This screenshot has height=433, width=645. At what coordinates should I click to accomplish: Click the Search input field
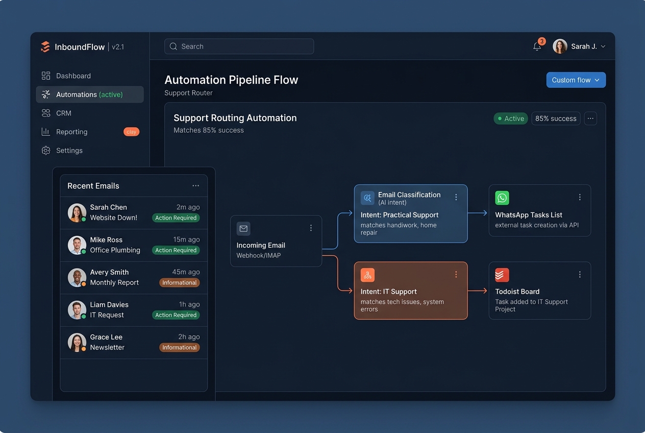[239, 46]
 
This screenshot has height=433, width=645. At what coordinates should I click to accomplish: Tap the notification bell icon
[537, 46]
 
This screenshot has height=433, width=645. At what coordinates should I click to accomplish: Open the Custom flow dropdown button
[576, 80]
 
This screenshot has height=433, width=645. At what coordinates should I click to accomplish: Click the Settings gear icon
[46, 151]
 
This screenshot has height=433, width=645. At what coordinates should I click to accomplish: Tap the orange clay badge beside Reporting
[131, 132]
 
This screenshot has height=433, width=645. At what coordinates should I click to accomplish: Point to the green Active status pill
[510, 118]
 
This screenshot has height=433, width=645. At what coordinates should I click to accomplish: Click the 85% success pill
[556, 118]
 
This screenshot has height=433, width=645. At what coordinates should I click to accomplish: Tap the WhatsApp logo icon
[502, 198]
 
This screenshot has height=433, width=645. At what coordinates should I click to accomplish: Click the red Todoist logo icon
[502, 275]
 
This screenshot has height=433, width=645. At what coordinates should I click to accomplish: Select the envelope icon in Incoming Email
[243, 229]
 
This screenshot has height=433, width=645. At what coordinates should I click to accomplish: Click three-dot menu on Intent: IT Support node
[456, 274]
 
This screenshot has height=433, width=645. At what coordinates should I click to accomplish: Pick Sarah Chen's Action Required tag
[176, 218]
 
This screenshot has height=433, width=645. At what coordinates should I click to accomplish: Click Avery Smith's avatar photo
[77, 277]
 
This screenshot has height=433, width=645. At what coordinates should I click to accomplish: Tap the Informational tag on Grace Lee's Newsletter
[180, 347]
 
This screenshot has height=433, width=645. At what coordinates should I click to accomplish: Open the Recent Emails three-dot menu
[196, 186]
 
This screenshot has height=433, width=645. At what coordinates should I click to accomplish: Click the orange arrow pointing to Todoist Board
[478, 291]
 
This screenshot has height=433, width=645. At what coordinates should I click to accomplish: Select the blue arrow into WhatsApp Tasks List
[478, 213]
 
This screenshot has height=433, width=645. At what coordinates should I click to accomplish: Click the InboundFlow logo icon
[45, 46]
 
